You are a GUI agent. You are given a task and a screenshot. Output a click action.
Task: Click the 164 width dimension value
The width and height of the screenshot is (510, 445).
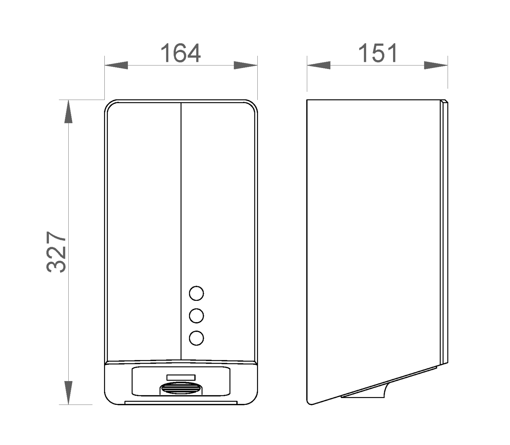point(181,53)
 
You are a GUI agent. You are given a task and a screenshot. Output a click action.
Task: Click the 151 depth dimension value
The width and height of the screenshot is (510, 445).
point(378,53)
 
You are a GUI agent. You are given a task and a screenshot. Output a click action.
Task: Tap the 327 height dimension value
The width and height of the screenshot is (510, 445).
point(56,252)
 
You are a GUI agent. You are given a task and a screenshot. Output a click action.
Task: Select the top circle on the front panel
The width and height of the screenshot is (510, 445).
point(196,293)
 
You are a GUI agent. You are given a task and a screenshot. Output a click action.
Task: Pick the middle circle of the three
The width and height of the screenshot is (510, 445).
point(196,316)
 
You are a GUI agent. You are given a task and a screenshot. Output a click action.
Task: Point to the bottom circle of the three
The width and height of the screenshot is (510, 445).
point(196,338)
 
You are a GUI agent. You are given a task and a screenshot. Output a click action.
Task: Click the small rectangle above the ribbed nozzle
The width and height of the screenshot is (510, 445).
point(181,377)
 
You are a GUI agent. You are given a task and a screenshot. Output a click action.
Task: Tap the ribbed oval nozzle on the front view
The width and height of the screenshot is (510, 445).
point(181,388)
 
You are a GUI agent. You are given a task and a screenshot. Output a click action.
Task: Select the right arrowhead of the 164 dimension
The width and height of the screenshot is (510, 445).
point(245,65)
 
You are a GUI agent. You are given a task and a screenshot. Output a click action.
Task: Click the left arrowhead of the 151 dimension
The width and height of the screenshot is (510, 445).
point(319,65)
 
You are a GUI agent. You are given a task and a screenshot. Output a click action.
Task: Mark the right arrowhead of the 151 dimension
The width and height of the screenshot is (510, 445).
point(436,65)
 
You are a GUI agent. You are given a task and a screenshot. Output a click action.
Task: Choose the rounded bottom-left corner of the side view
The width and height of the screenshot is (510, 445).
point(309,402)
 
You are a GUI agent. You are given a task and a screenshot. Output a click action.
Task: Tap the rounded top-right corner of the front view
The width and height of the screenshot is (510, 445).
point(253,105)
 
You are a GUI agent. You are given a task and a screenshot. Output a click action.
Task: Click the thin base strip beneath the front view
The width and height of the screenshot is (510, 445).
point(181,403)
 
